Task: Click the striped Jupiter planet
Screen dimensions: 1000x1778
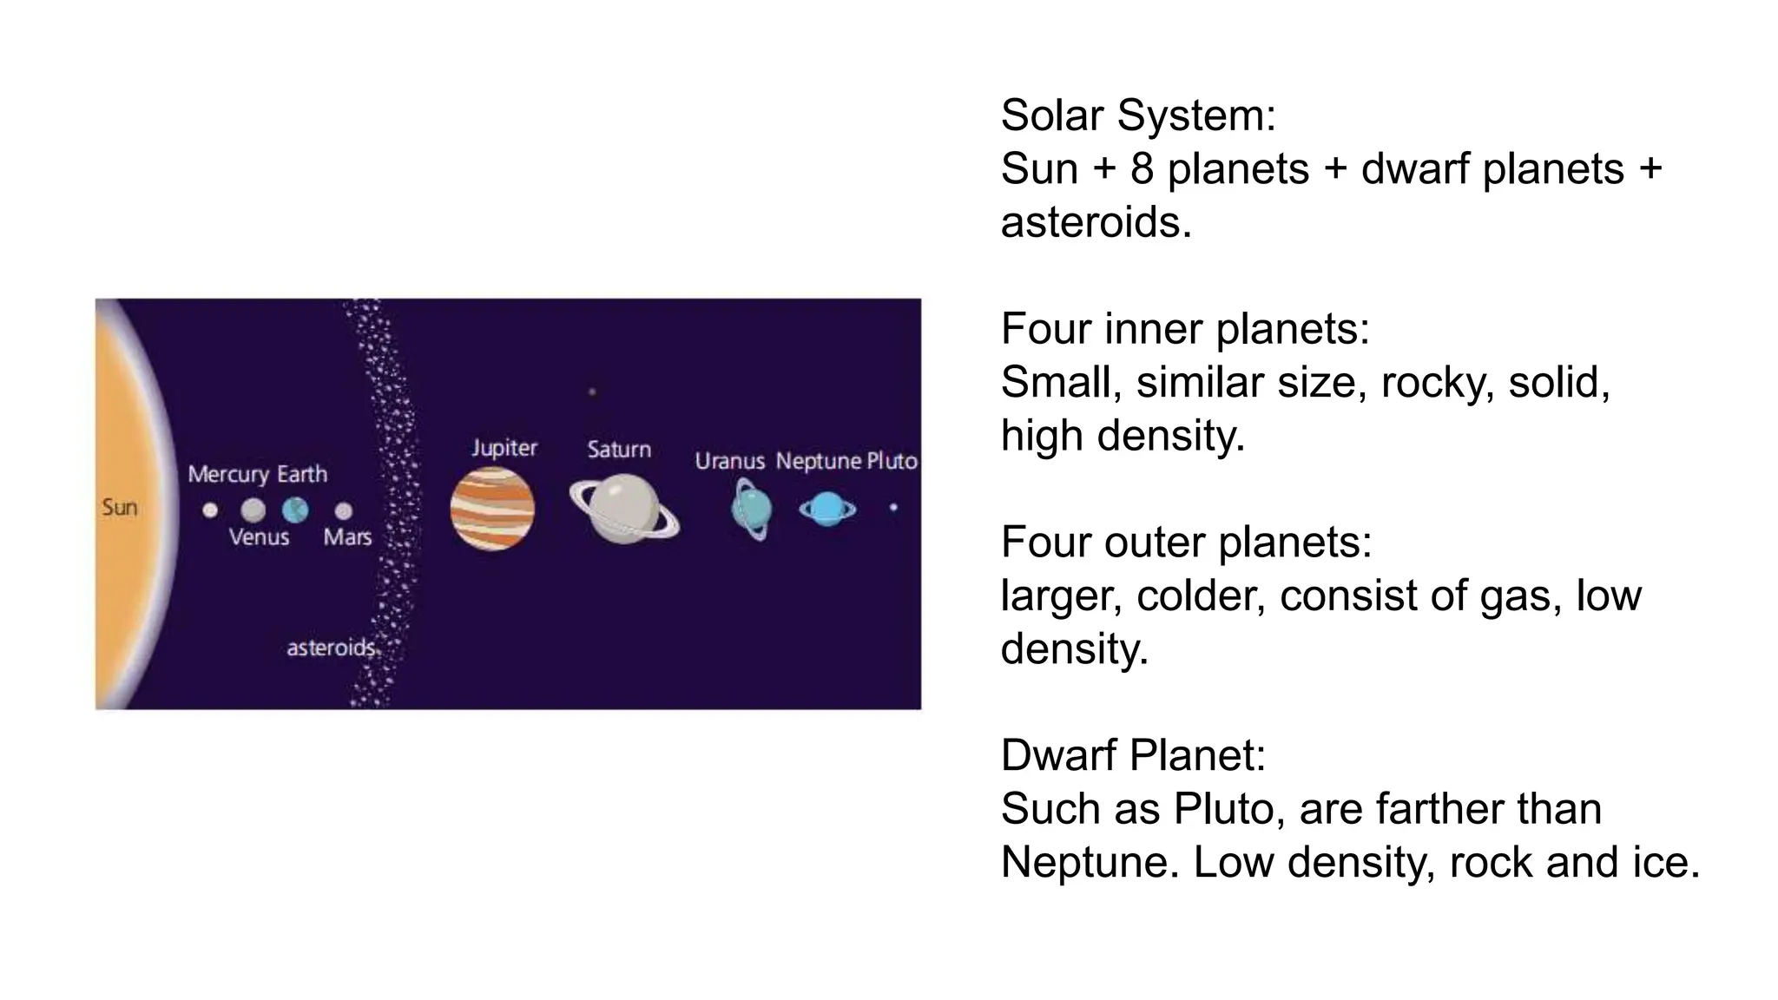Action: pyautogui.click(x=492, y=509)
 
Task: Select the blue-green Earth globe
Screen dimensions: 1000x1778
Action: pyautogui.click(x=295, y=510)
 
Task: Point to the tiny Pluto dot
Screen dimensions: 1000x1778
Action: pyautogui.click(x=893, y=507)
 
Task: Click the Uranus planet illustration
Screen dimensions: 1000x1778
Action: pyautogui.click(x=751, y=509)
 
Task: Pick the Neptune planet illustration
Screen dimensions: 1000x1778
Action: pyautogui.click(x=827, y=509)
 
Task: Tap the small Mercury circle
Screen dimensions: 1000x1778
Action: pyautogui.click(x=210, y=510)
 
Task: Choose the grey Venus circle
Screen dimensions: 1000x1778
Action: pyautogui.click(x=253, y=510)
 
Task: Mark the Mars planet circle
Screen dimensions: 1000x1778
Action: pyautogui.click(x=344, y=510)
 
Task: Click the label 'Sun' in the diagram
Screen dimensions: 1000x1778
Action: pyautogui.click(x=120, y=507)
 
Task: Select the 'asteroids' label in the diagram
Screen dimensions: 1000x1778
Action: pyautogui.click(x=331, y=648)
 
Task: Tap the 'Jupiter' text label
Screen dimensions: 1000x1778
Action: pyautogui.click(x=504, y=448)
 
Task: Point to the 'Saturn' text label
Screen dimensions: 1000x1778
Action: pyautogui.click(x=619, y=449)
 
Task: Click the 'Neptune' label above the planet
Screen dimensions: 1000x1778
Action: pyautogui.click(x=818, y=461)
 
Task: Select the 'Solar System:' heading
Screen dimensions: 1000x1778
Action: pyautogui.click(x=1138, y=115)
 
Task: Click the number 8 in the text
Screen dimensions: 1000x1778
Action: pyautogui.click(x=1142, y=168)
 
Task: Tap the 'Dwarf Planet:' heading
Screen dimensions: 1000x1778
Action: pyautogui.click(x=1133, y=755)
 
